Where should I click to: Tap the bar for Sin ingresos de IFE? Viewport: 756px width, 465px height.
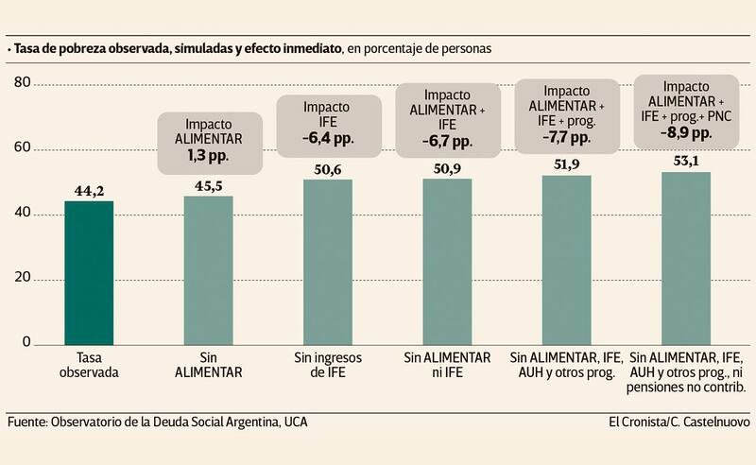click(328, 261)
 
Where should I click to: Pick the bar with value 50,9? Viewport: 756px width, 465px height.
click(447, 261)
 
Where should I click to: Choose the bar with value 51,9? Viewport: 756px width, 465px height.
click(566, 259)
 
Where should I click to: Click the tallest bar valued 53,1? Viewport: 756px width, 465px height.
click(685, 257)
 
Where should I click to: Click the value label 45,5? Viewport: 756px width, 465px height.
click(208, 185)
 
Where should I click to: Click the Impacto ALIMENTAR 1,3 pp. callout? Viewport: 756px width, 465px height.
click(208, 140)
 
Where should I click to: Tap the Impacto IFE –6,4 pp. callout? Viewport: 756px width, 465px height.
click(328, 123)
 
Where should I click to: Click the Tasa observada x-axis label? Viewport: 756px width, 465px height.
click(89, 366)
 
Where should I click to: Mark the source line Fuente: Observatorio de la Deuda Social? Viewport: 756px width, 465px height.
click(157, 422)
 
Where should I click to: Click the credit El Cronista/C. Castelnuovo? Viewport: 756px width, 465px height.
click(679, 422)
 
